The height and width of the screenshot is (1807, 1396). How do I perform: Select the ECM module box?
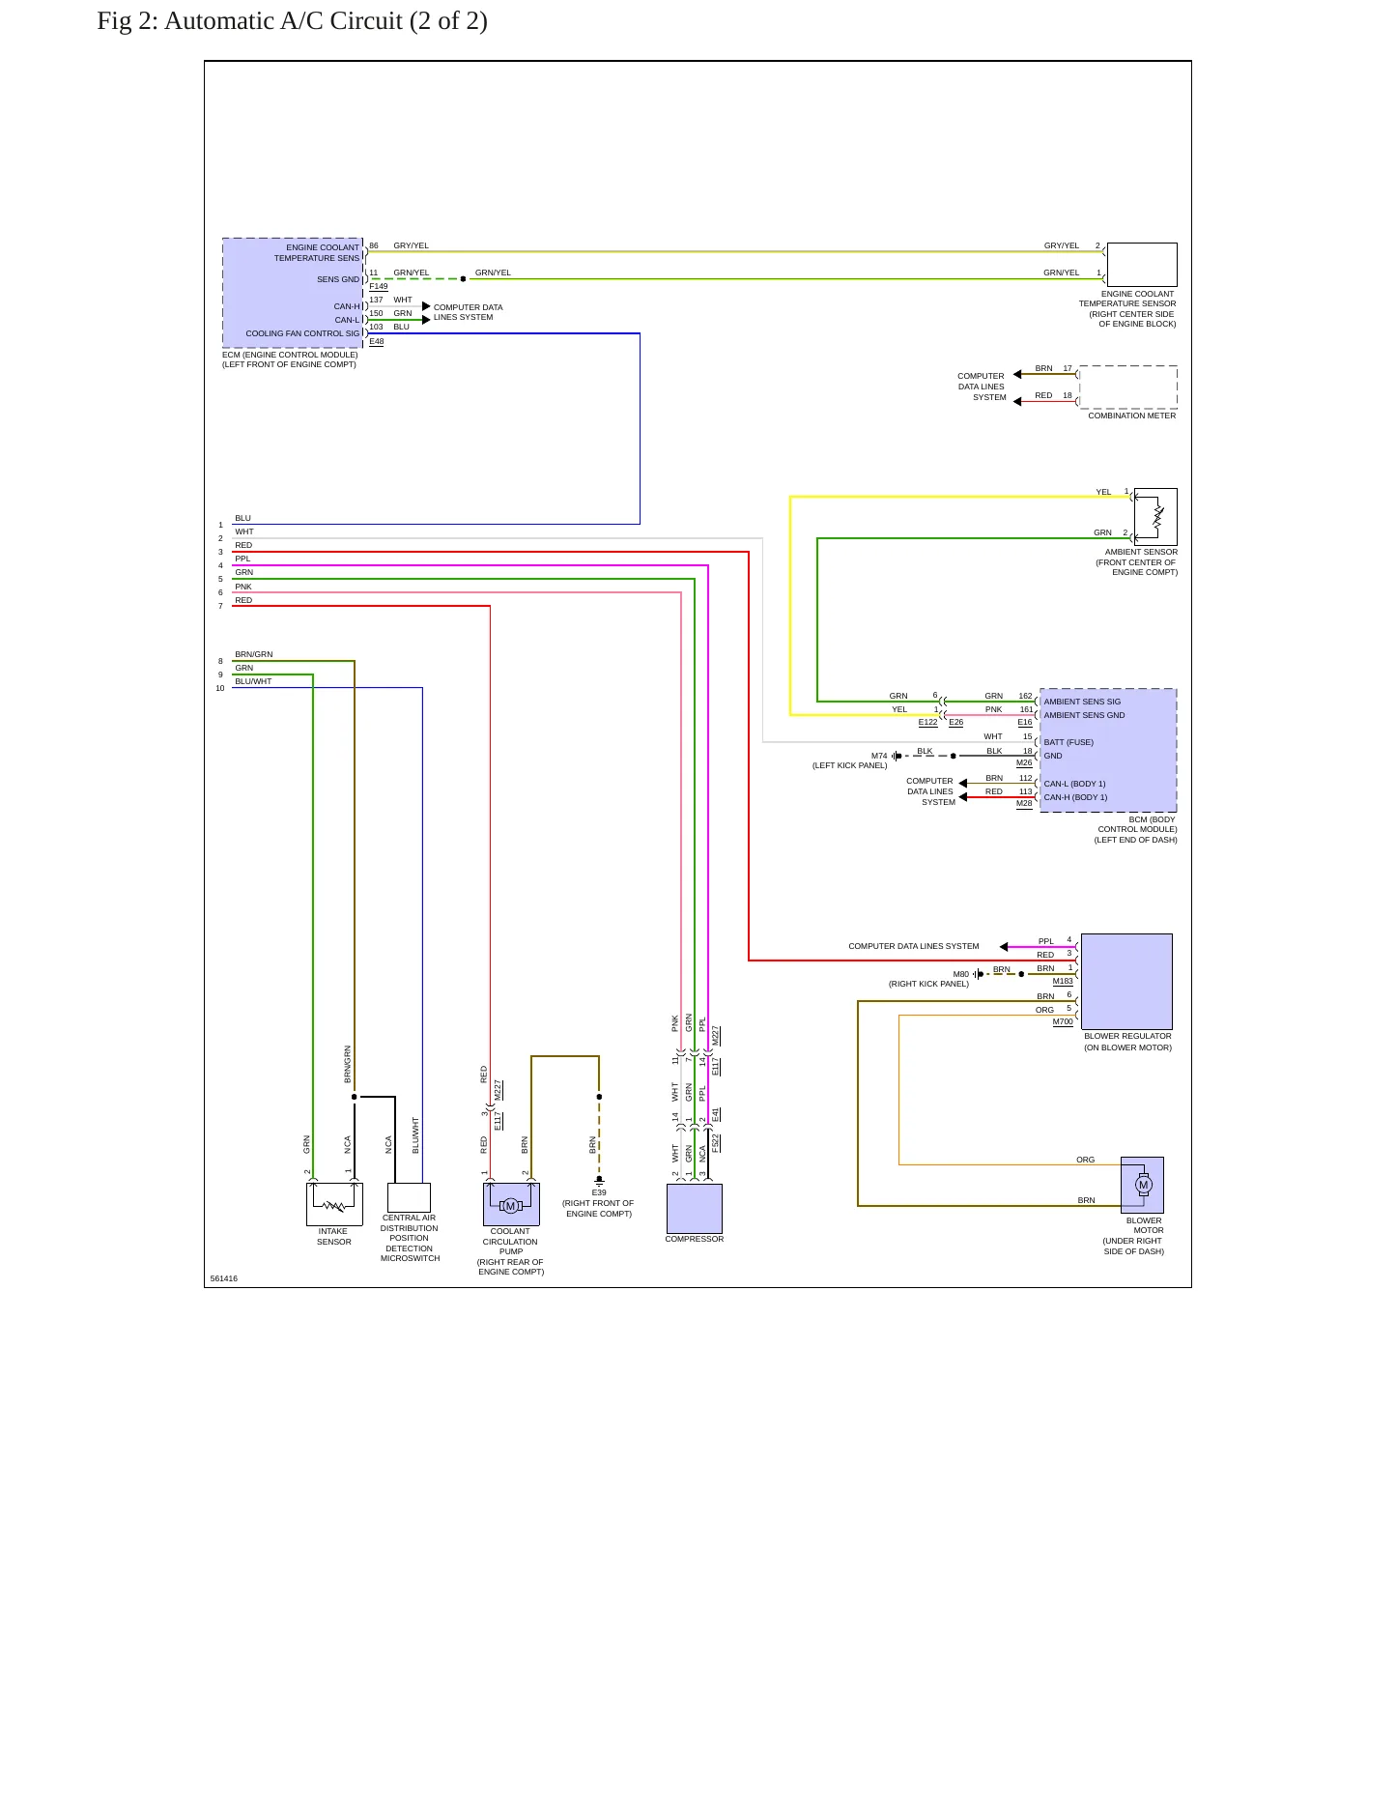(293, 293)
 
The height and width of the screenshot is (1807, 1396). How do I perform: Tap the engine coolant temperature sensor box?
(1142, 265)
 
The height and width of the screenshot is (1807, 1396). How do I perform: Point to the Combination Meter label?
(1132, 416)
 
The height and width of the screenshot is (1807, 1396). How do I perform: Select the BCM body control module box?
(1108, 751)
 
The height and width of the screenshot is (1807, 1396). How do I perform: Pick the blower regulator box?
(1126, 982)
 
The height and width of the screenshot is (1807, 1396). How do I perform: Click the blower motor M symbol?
(1144, 1185)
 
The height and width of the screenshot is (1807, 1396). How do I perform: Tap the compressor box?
(695, 1209)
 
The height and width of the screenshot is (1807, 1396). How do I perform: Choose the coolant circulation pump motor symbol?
(511, 1205)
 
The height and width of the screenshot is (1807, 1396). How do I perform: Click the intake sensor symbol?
(334, 1205)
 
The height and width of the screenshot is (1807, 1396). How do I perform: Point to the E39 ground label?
(599, 1192)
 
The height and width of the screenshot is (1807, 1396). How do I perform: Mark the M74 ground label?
(879, 756)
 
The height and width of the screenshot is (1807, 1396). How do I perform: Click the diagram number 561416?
(224, 1278)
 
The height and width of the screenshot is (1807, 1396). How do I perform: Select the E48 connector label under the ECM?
(377, 341)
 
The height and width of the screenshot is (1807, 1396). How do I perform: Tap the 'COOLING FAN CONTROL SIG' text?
(302, 333)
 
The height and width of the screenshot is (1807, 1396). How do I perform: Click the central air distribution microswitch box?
(409, 1198)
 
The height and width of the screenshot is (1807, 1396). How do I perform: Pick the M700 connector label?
(1063, 1021)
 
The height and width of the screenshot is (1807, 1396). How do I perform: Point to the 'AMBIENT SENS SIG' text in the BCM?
(1082, 702)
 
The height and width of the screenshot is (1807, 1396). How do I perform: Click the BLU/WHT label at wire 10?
(253, 681)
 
